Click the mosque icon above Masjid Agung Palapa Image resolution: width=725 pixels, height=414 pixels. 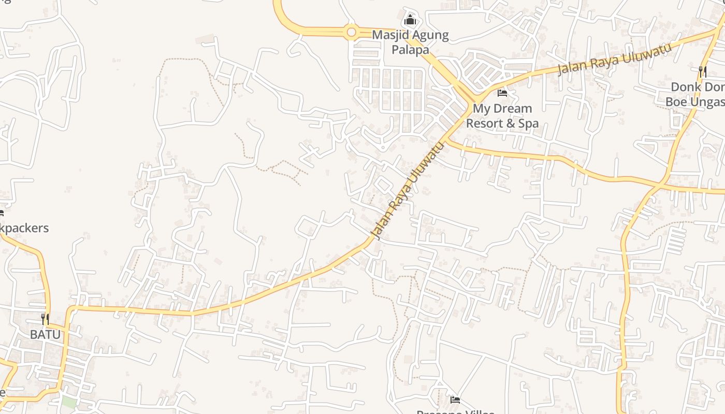pos(410,20)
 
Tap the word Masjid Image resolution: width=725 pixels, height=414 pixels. pos(390,36)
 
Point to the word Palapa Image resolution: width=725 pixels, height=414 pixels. pos(410,50)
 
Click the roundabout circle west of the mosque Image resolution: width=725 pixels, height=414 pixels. pos(351,33)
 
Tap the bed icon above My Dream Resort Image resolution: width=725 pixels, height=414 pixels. pos(502,93)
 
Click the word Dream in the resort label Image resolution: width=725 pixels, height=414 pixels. pos(512,109)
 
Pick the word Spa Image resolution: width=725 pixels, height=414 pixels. pos(529,124)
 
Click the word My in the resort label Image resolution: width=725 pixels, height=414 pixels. pos(481,109)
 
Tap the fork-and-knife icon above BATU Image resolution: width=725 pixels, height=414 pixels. pos(45,319)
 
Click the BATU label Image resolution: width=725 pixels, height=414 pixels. pos(45,334)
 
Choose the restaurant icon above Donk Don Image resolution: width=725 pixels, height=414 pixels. pos(703,71)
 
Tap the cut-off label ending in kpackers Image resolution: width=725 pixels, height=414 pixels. pos(24,228)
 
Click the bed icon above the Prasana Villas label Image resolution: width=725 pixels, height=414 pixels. pos(455,400)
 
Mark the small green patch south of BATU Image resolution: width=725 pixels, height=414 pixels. pos(69,402)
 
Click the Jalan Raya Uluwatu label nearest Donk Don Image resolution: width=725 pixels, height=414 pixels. pos(615,59)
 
